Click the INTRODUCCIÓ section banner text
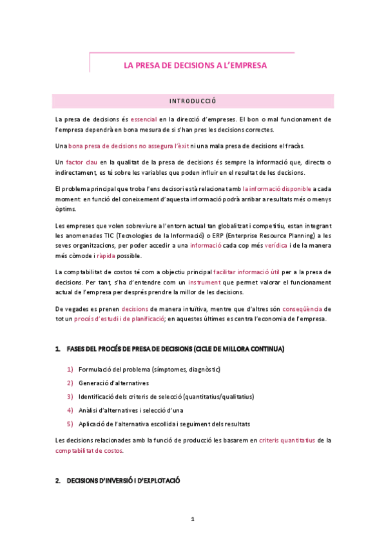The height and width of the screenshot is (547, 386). point(193,101)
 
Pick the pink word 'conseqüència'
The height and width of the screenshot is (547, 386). point(305,309)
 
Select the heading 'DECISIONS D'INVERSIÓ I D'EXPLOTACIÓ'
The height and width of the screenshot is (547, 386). point(123,481)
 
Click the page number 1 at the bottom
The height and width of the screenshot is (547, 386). point(192,519)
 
